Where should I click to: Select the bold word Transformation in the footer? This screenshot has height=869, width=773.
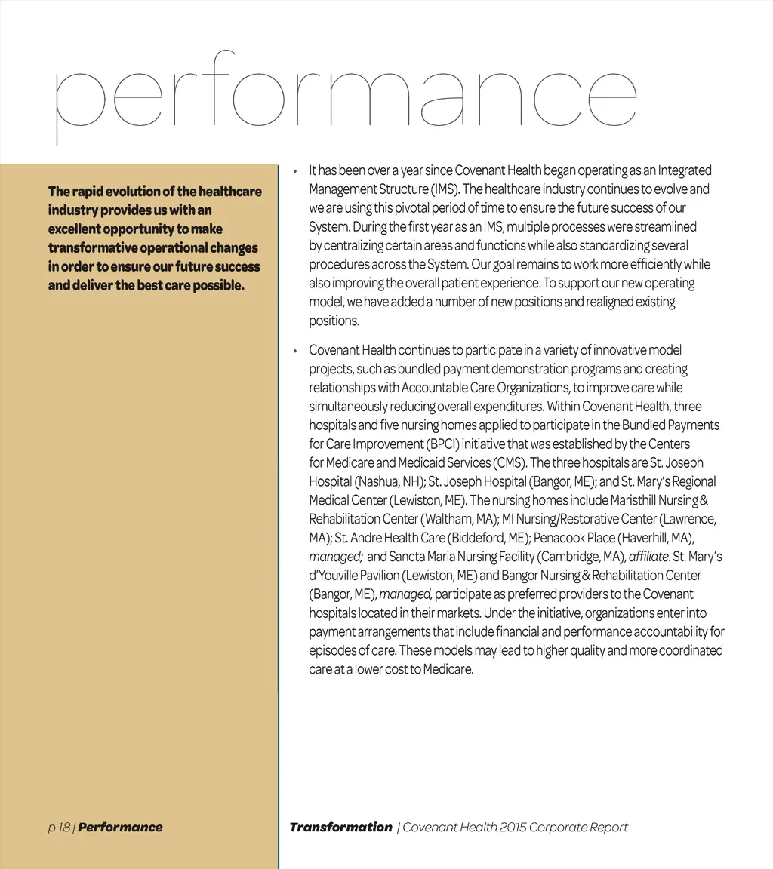[x=340, y=828]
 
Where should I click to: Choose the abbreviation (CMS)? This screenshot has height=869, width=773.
[x=510, y=463]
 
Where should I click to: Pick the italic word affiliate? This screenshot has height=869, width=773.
[x=648, y=557]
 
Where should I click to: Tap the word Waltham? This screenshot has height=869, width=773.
[x=450, y=519]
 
